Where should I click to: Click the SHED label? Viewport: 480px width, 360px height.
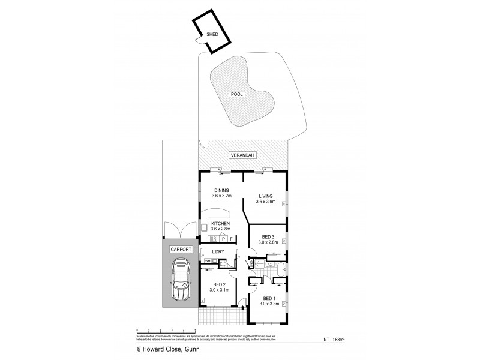(212, 34)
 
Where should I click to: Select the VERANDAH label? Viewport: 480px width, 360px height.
(243, 155)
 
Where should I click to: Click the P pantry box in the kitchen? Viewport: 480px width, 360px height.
(222, 238)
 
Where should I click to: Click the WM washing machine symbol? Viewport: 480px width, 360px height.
(208, 262)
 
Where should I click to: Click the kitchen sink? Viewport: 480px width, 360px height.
(204, 227)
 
